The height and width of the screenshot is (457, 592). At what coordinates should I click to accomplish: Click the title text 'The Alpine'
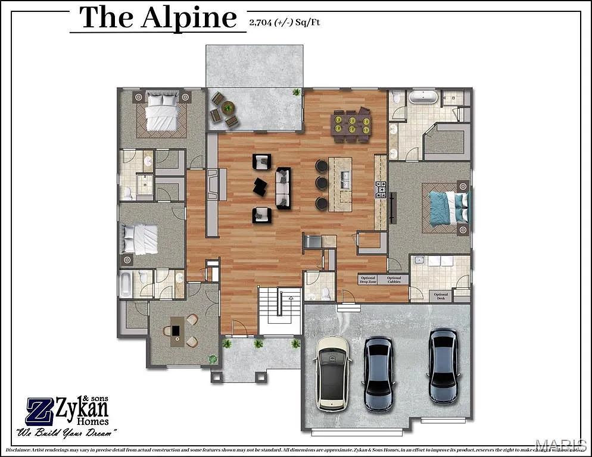(158, 18)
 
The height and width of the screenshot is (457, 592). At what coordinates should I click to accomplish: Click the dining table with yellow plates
(351, 124)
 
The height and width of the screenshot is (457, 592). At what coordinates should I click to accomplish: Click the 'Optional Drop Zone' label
(368, 280)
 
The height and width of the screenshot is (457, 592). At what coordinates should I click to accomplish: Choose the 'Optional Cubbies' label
(394, 280)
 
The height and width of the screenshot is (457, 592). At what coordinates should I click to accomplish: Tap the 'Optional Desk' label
(441, 296)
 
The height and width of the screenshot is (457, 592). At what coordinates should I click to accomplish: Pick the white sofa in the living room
(283, 187)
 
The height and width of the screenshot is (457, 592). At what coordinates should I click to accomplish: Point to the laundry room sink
(419, 260)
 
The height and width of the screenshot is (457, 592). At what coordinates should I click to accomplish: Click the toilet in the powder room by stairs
(326, 293)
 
